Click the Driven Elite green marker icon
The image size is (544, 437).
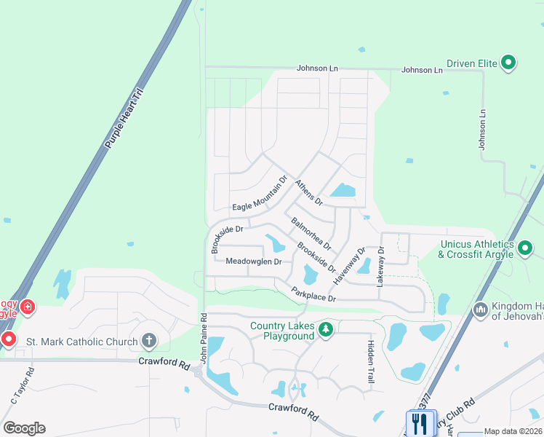509,63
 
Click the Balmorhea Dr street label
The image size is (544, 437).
311,232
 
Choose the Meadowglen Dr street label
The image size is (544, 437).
253,261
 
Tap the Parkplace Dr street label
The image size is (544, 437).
313,294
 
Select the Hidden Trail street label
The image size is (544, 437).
370,362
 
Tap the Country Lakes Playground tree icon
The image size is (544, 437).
327,331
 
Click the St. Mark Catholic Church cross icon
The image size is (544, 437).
149,340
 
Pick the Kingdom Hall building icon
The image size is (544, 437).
479,310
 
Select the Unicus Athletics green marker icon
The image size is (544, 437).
525,248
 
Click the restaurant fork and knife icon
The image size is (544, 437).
419,422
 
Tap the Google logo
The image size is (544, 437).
25,428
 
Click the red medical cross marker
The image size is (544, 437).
28,308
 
